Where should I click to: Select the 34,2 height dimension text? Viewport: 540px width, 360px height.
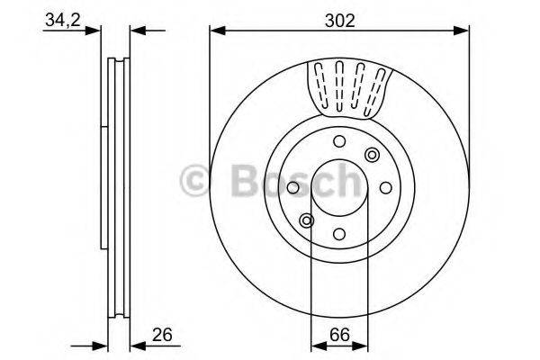pos(60,20)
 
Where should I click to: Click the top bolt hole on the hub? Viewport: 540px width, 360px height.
pos(338,141)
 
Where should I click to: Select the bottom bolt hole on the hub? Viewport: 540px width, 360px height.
pos(338,232)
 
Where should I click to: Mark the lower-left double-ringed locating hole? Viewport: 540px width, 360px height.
pos(307,220)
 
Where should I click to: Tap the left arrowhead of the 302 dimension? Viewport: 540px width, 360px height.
pos(216,31)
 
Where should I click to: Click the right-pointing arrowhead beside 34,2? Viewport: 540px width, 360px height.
pos(95,31)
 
